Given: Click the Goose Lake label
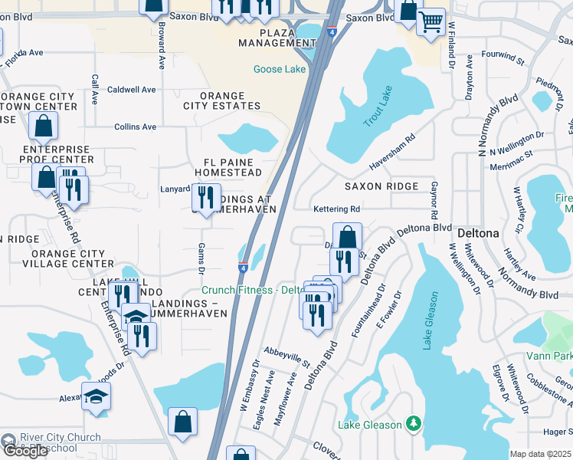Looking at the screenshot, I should tap(280, 69).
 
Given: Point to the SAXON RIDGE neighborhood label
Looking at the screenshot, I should tap(381, 186).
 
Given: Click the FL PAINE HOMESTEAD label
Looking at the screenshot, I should tap(233, 168).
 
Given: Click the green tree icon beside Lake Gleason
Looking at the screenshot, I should tap(414, 423).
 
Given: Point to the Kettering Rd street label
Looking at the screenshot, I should tap(336, 209).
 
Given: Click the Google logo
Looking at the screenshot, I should tap(25, 451).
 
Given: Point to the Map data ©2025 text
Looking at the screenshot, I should tap(540, 454).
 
